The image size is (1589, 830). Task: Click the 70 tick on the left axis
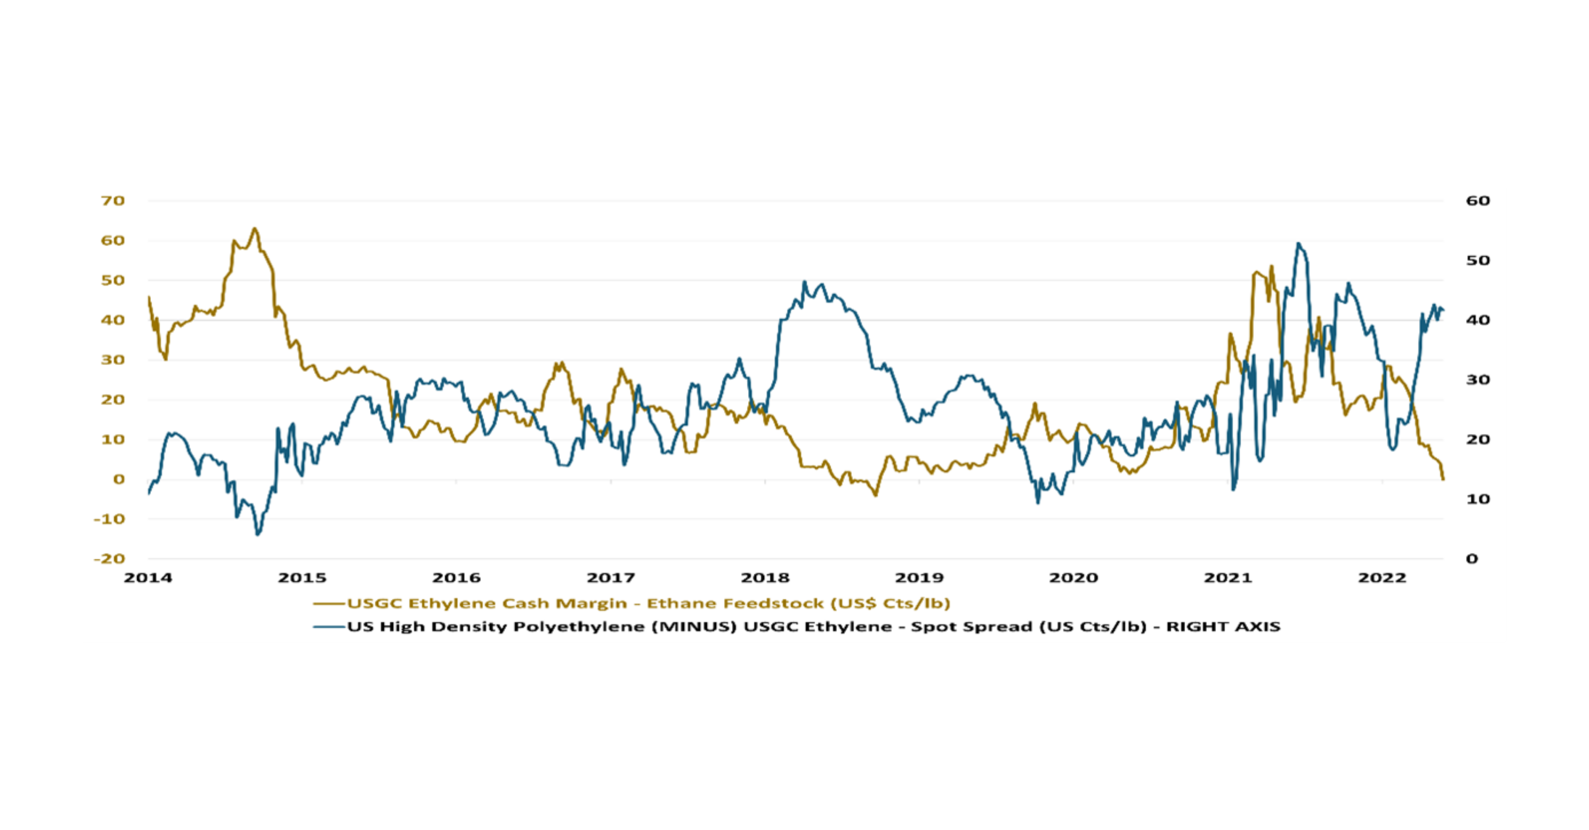(113, 200)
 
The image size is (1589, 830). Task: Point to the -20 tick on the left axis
(109, 559)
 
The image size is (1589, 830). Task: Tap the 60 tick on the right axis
(1478, 200)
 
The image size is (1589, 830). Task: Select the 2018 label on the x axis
(765, 578)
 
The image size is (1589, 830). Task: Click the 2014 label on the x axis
(148, 578)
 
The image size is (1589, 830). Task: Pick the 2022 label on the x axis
(1382, 578)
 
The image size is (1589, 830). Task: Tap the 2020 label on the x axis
(1074, 578)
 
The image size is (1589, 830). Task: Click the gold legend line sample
(329, 604)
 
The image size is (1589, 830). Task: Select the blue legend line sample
(329, 627)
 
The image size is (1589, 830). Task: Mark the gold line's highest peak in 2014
(254, 229)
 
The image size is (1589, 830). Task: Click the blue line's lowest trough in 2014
(258, 534)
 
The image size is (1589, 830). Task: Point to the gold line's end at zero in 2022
(1443, 479)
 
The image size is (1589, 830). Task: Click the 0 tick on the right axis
(1472, 559)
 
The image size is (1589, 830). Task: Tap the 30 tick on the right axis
(1478, 380)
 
